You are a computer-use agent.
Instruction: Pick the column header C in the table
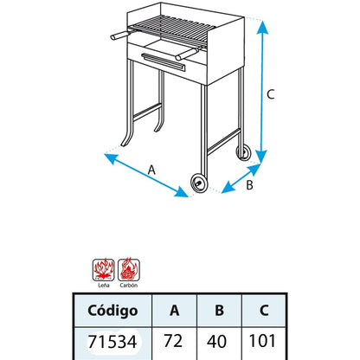pyautogui.click(x=264, y=309)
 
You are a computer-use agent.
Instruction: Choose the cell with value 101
pyautogui.click(x=264, y=341)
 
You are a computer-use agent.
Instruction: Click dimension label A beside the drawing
pyautogui.click(x=152, y=170)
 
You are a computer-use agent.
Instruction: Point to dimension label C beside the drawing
pyautogui.click(x=270, y=95)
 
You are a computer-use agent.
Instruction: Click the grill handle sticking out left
pyautogui.click(x=114, y=35)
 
